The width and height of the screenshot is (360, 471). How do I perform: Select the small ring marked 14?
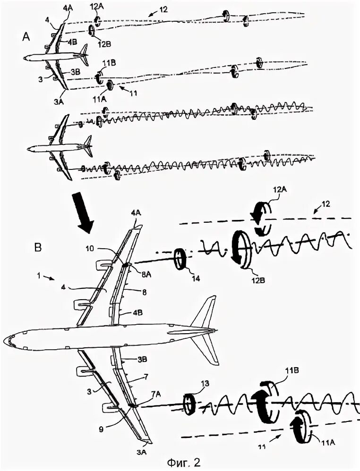180,259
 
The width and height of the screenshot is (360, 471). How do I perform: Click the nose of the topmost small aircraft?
23,58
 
